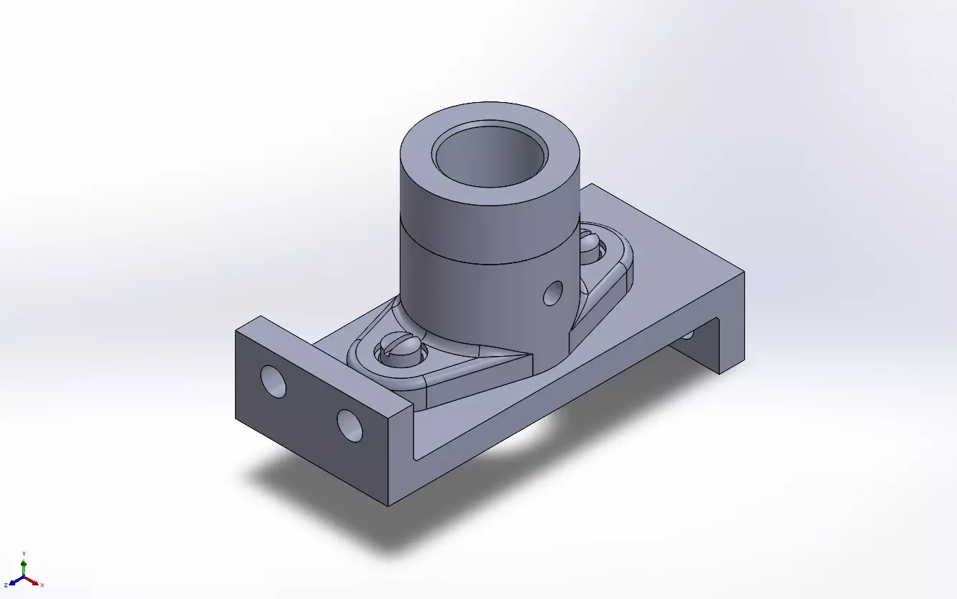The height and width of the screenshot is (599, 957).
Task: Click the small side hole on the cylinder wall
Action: point(552,292)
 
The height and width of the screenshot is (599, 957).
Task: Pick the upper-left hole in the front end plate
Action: point(273,381)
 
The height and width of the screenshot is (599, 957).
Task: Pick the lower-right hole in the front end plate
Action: point(349,425)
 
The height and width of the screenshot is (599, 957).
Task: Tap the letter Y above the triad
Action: point(24,553)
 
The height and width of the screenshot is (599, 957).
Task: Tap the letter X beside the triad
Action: point(42,585)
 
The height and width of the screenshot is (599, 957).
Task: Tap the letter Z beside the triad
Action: point(5,585)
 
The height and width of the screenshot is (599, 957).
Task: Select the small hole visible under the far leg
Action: point(688,334)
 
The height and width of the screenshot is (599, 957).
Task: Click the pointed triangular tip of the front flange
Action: point(528,354)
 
